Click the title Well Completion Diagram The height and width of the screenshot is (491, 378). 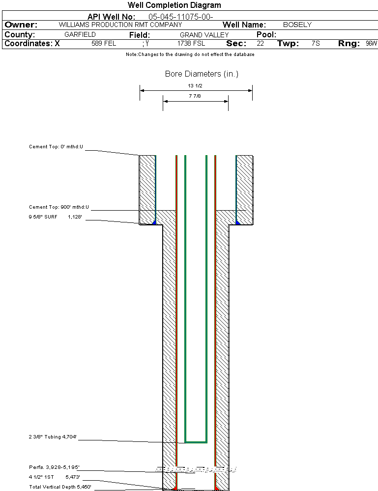click(x=174, y=5)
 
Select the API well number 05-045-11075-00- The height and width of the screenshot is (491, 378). click(x=180, y=17)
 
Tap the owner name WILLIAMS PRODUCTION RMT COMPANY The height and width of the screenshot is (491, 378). click(x=120, y=25)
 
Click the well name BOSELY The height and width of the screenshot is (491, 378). click(x=297, y=25)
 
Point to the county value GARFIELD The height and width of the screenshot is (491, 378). click(x=80, y=34)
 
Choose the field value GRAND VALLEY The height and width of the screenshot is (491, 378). click(x=204, y=35)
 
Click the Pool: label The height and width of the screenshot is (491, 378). click(x=266, y=34)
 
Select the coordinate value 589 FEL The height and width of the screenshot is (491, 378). click(x=104, y=43)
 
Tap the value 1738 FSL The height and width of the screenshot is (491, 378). click(x=191, y=43)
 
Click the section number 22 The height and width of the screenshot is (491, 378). click(x=260, y=43)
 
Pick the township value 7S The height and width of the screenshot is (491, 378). click(x=316, y=43)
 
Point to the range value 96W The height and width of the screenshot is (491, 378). click(x=371, y=43)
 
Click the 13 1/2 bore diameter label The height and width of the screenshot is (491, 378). click(x=195, y=86)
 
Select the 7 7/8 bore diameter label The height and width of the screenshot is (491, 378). click(x=195, y=96)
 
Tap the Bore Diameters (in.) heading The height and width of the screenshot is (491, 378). click(x=202, y=74)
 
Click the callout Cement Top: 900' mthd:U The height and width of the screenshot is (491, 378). click(x=59, y=207)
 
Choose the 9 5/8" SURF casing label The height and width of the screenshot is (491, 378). click(x=43, y=217)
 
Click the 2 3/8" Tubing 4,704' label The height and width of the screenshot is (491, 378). click(x=53, y=437)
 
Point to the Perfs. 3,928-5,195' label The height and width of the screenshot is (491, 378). click(x=54, y=467)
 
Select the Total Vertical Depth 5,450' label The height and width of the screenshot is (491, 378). click(x=60, y=487)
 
